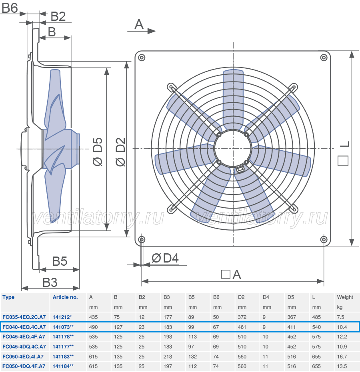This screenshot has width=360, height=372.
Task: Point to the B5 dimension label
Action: click(60, 261)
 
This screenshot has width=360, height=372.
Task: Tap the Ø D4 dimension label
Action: click(165, 258)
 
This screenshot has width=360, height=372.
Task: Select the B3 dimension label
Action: click(50, 282)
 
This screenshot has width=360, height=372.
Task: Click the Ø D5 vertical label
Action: click(97, 152)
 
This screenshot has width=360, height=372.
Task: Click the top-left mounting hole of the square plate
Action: click(142, 58)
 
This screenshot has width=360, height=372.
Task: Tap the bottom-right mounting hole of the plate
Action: click(324, 239)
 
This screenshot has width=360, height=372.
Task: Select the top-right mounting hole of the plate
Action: click(324, 58)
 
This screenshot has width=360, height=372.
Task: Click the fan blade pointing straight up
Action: click(233, 99)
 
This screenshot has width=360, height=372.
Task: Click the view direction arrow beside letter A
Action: click(142, 31)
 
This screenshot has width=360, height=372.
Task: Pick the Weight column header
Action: click(345, 297)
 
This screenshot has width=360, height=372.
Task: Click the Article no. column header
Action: click(65, 297)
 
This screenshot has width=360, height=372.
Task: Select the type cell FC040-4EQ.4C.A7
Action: click(24, 327)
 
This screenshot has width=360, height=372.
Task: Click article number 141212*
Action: click(62, 317)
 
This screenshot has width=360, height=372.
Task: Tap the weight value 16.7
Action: click(342, 356)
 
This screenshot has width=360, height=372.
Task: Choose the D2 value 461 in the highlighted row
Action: click(242, 327)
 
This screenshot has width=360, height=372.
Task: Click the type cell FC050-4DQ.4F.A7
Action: click(24, 366)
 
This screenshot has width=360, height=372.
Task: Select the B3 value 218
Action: click(168, 356)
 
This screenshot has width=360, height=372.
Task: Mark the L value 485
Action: click(316, 317)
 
